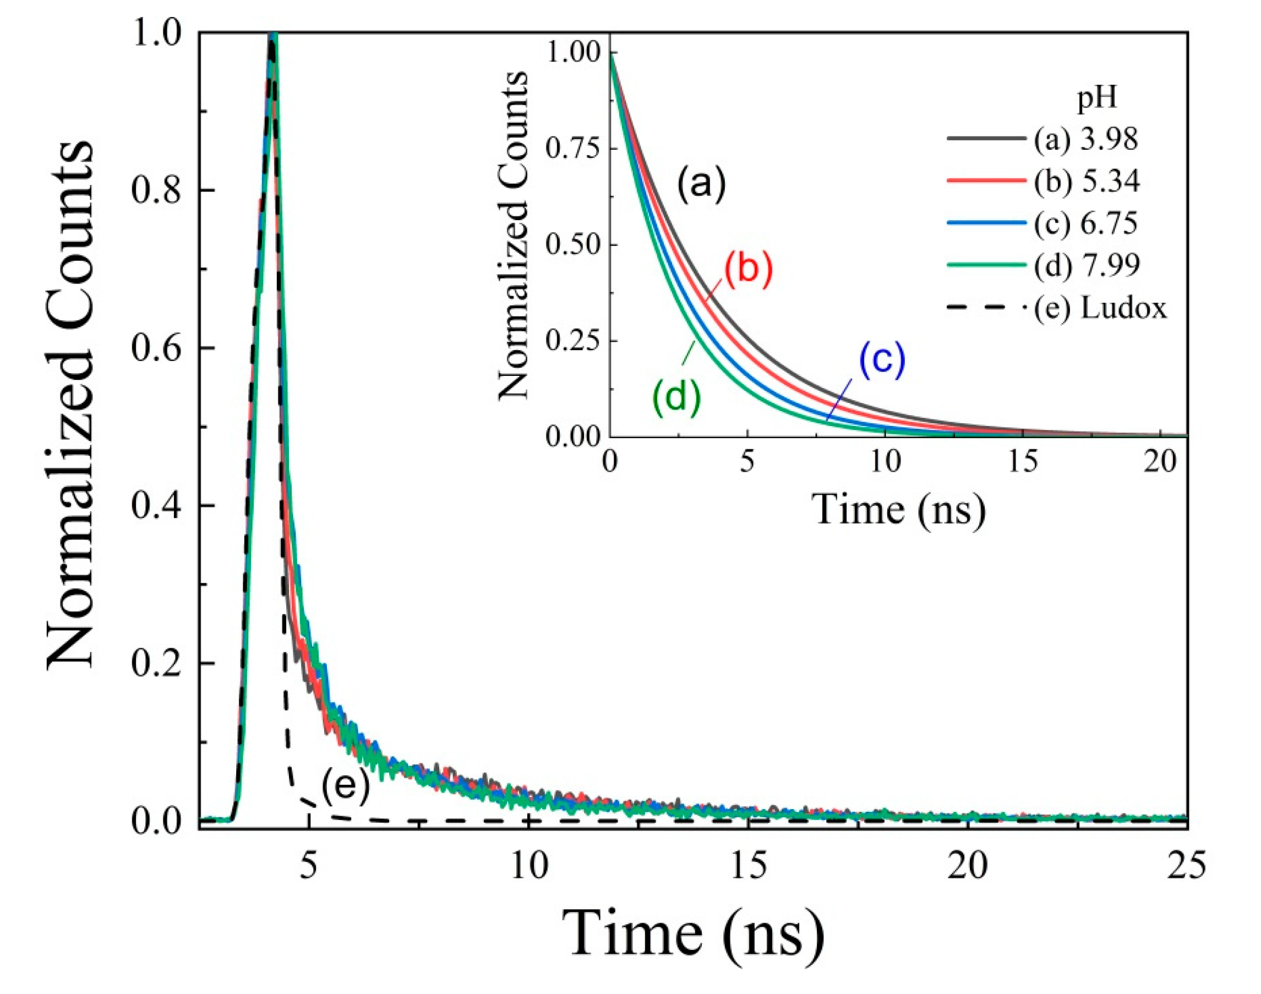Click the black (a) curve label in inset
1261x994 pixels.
pos(701,184)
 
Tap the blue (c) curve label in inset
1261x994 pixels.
pos(882,359)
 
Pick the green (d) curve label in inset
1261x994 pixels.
pos(676,397)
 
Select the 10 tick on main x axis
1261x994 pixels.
pos(529,866)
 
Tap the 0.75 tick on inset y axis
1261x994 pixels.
pos(572,149)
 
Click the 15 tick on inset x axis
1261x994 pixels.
pos(1023,463)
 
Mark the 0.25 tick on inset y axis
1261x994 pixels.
pos(572,341)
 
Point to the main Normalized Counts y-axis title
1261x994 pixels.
pos(70,405)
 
